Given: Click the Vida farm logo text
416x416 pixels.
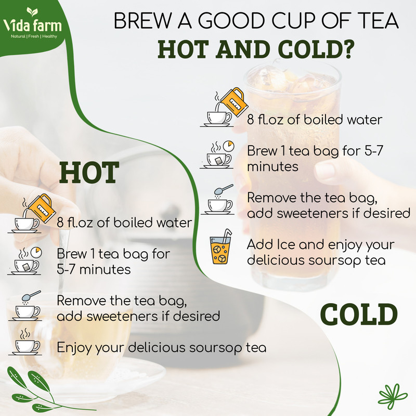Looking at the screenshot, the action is (32, 26).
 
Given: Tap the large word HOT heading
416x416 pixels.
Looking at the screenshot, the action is (89, 173).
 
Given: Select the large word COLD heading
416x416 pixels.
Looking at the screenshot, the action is (359, 314).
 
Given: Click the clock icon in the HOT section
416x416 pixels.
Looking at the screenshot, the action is (36, 252).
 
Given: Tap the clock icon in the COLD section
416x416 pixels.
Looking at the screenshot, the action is (228, 146).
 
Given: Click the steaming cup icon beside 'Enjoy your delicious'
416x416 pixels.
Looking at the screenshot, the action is (25, 342).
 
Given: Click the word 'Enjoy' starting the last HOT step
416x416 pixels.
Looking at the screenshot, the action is (74, 348).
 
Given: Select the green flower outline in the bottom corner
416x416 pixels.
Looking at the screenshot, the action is (392, 396).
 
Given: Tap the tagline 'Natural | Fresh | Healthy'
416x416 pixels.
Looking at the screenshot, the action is (34, 36).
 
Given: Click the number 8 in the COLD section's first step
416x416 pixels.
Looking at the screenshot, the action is (251, 120).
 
